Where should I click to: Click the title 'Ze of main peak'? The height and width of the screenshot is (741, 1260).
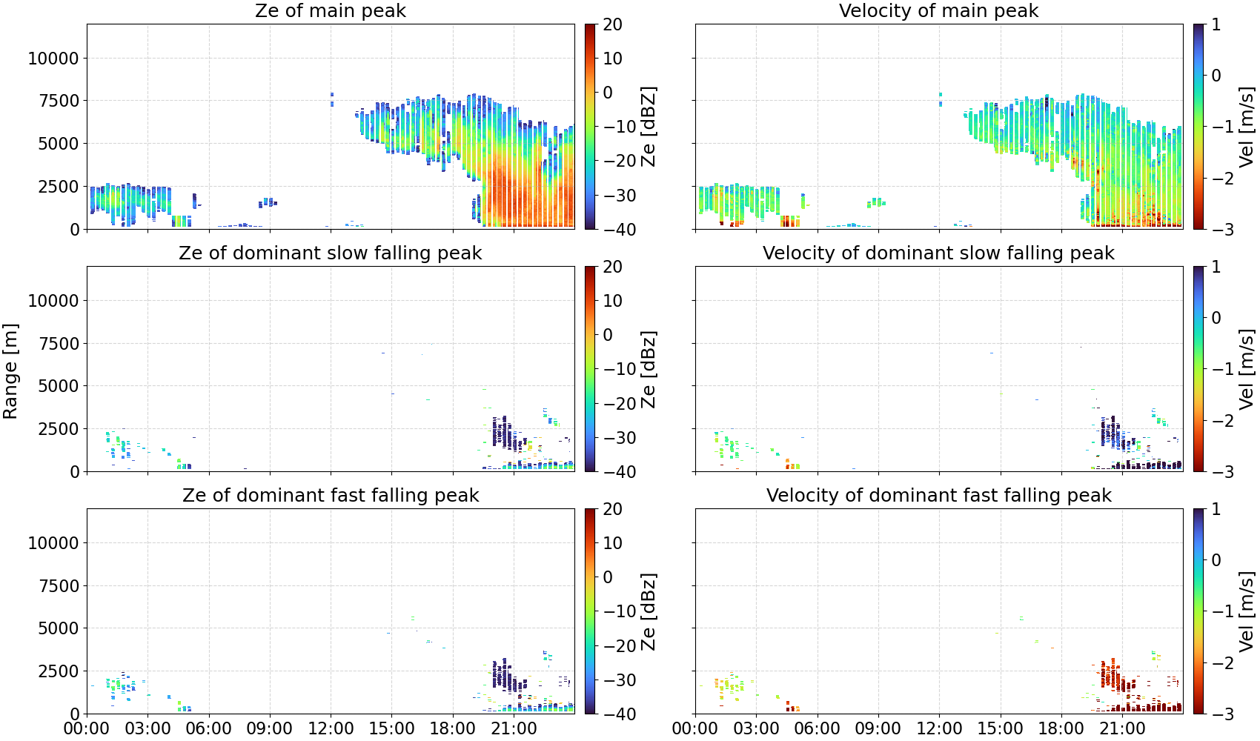[x=330, y=10]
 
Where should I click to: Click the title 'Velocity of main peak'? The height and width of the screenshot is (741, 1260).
[x=939, y=10]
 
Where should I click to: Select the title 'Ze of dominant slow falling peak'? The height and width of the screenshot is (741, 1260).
[x=330, y=253]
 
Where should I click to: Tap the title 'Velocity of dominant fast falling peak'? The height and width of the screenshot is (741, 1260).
[x=939, y=495]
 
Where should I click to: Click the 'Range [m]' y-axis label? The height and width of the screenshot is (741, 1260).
[x=10, y=371]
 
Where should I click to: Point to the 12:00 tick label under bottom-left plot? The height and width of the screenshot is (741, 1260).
[x=331, y=728]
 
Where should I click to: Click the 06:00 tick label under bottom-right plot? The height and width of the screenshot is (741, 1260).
[x=818, y=728]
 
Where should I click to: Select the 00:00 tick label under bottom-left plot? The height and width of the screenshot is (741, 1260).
[x=87, y=728]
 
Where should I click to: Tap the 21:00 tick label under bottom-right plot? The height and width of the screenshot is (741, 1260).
[x=1122, y=728]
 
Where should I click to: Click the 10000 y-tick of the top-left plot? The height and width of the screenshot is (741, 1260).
[x=53, y=58]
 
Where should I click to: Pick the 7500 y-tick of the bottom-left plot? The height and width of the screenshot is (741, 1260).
[x=59, y=586]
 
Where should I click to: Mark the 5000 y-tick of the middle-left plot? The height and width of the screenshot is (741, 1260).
[x=59, y=386]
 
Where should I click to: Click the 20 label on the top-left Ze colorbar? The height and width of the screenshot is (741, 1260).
[x=612, y=24]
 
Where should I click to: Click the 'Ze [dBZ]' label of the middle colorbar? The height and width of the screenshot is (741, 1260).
[x=649, y=369]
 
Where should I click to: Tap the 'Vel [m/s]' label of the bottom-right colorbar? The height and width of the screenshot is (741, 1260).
[x=1247, y=611]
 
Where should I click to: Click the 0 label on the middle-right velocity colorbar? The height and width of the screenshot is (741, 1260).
[x=1216, y=318]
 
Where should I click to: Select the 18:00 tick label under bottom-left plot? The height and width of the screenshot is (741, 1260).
[x=453, y=728]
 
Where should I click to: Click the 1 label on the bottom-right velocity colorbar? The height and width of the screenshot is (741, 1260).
[x=1216, y=509]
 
